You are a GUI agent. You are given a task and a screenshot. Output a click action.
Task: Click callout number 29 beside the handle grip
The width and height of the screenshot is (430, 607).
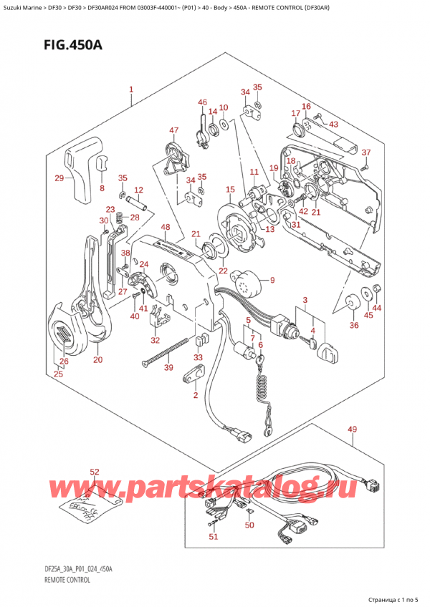(59, 178)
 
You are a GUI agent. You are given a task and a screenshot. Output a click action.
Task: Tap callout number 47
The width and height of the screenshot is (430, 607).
(173, 130)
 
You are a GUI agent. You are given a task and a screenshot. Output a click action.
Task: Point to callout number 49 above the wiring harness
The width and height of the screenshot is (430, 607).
(351, 429)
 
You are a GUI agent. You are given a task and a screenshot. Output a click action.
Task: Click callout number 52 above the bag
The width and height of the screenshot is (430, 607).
(94, 472)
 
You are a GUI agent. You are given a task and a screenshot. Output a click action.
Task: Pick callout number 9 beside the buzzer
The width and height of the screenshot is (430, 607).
(272, 280)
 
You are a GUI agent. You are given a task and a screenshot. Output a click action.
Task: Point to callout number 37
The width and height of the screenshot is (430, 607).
(365, 152)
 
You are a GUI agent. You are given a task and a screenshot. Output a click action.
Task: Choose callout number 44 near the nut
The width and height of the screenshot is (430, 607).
(377, 308)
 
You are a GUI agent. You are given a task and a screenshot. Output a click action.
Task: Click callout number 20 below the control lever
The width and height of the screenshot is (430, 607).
(97, 359)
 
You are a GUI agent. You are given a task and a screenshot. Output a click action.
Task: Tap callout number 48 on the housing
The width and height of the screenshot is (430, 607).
(166, 228)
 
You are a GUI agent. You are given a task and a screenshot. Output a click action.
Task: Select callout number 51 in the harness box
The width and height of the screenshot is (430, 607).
(211, 536)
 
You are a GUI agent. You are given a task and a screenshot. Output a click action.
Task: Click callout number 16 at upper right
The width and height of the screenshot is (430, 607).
(306, 107)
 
